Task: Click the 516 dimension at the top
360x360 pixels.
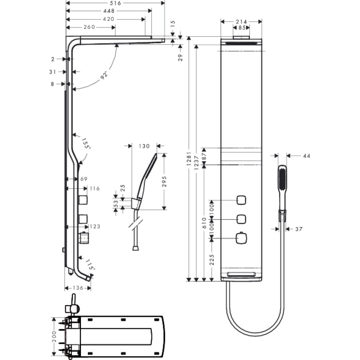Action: click(115, 3)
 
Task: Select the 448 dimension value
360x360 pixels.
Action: click(109, 11)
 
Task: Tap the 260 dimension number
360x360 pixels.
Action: click(89, 27)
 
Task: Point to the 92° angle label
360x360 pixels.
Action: click(104, 75)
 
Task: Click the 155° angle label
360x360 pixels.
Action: click(85, 143)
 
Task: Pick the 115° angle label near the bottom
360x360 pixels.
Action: click(90, 264)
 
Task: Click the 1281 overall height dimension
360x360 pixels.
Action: click(189, 159)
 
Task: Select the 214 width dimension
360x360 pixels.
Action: click(241, 22)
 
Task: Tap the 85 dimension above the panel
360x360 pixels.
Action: click(242, 27)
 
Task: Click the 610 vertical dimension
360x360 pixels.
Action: click(204, 223)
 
